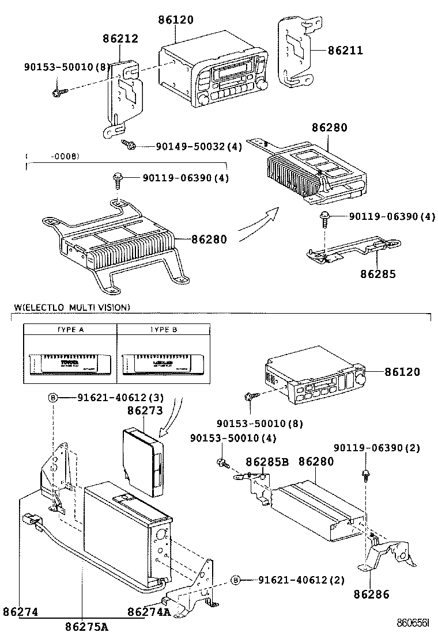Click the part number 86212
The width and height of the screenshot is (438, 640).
[121, 39]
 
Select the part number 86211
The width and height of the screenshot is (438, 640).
[346, 51]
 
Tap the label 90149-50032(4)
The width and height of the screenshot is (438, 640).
[199, 147]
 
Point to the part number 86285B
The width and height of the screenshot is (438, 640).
[266, 461]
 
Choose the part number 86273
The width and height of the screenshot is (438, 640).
[144, 411]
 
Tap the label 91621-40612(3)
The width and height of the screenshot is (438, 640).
[112, 398]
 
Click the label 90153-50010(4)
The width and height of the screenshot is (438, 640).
[233, 438]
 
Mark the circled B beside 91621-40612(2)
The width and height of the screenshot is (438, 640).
[235, 579]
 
